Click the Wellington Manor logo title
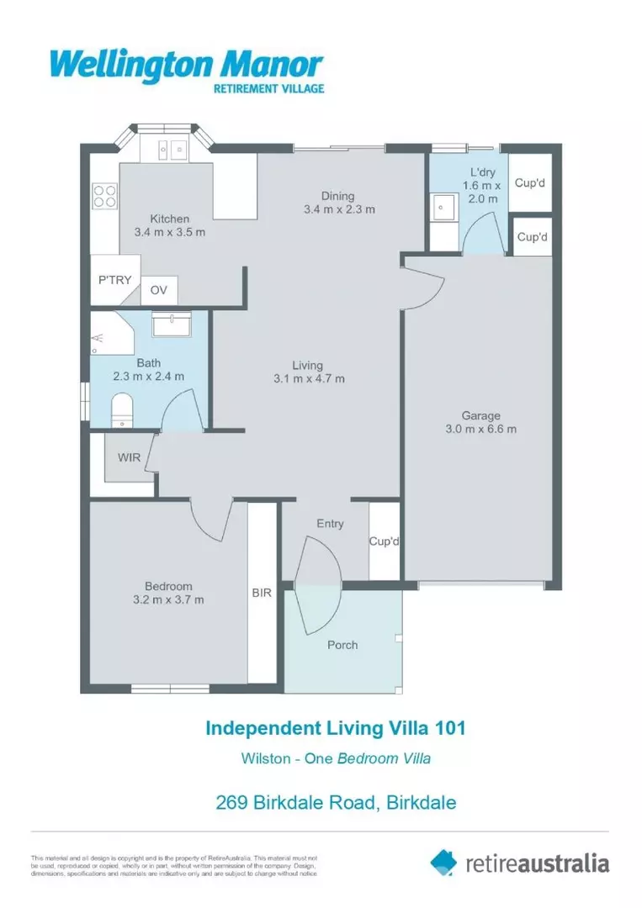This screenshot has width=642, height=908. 186,64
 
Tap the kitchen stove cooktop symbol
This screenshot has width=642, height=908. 105,196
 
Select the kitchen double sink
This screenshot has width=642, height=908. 171,150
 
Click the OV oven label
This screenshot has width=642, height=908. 159,290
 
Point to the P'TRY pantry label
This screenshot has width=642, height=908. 114,279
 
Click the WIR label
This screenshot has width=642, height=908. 129,458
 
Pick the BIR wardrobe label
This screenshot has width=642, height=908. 262,593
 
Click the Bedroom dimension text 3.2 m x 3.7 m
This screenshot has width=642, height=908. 168,599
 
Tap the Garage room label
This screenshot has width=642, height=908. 480,415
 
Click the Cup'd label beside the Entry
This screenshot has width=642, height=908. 385,541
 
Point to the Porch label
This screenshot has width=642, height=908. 342,645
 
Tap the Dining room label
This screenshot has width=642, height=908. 338,196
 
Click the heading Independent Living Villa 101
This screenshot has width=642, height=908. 335,726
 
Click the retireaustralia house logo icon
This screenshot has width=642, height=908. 443,862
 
